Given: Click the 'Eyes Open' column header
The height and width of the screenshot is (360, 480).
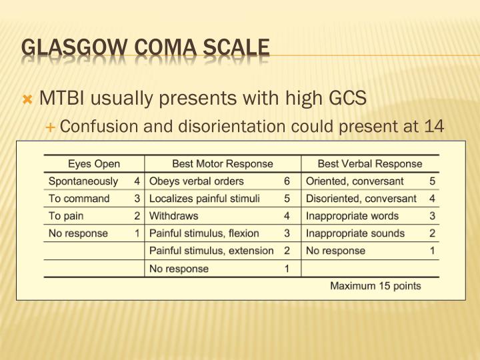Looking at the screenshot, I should point(93,163).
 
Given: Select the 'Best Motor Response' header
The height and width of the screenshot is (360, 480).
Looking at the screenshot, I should point(223,163).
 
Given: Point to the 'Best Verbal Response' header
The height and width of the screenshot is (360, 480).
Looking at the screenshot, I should point(370,163).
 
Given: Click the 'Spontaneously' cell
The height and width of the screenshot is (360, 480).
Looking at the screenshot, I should point(83,181).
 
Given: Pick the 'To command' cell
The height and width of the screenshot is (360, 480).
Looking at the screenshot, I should point(79,199).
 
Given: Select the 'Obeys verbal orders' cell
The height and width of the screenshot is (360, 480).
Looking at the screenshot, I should point(197,181).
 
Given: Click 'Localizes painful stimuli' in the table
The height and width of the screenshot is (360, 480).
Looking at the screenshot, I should point(205,199).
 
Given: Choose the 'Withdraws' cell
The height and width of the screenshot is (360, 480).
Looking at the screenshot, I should point(174,216).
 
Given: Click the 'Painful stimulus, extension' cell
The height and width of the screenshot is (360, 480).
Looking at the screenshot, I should point(211,251).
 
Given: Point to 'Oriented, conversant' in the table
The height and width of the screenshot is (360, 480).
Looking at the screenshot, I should point(355,181).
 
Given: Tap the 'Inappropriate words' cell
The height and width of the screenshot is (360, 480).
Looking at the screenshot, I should point(352,216).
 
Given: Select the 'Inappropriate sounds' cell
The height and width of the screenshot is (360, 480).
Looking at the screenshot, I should point(355,233).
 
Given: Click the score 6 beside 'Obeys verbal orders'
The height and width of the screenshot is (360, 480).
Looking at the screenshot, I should point(287,181).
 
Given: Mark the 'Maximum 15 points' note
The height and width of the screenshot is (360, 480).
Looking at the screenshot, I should point(376,286).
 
